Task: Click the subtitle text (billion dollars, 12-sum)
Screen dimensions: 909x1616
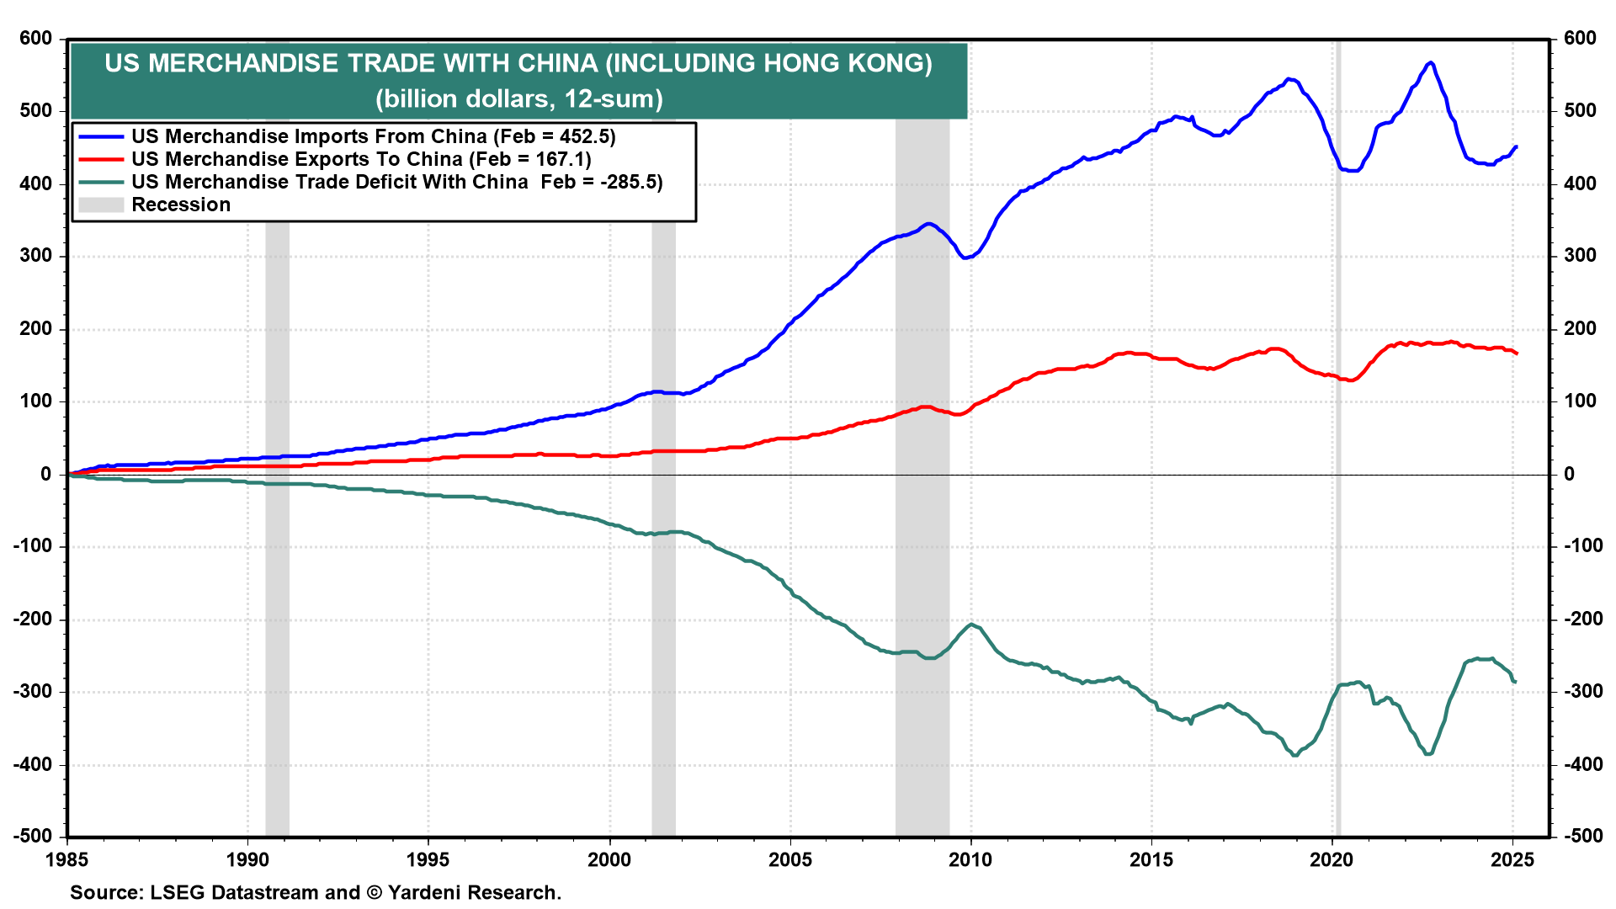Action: pos(519,99)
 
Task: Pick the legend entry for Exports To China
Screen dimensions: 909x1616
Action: pos(361,159)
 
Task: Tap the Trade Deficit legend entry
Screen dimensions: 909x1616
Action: pos(396,182)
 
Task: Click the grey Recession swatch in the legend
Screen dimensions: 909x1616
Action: pos(101,205)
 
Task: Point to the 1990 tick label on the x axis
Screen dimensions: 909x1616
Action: pos(247,859)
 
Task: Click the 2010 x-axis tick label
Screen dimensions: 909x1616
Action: pos(970,859)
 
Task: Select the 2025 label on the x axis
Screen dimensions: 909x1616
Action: pos(1512,859)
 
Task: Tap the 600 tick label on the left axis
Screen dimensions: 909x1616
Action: pos(35,39)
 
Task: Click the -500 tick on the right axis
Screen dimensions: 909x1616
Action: pos(1581,837)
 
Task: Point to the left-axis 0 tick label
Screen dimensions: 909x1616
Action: pos(45,474)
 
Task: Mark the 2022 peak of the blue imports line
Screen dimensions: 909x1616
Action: pos(1430,63)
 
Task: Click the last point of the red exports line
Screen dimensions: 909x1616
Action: pos(1516,353)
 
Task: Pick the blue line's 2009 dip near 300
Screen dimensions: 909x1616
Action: pos(965,257)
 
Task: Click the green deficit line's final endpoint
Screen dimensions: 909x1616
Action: pos(1515,682)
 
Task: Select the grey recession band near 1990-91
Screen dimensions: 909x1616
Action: pos(277,438)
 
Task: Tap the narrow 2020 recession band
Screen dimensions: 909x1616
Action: pos(1337,438)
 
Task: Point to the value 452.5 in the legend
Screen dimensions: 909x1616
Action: pos(586,136)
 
